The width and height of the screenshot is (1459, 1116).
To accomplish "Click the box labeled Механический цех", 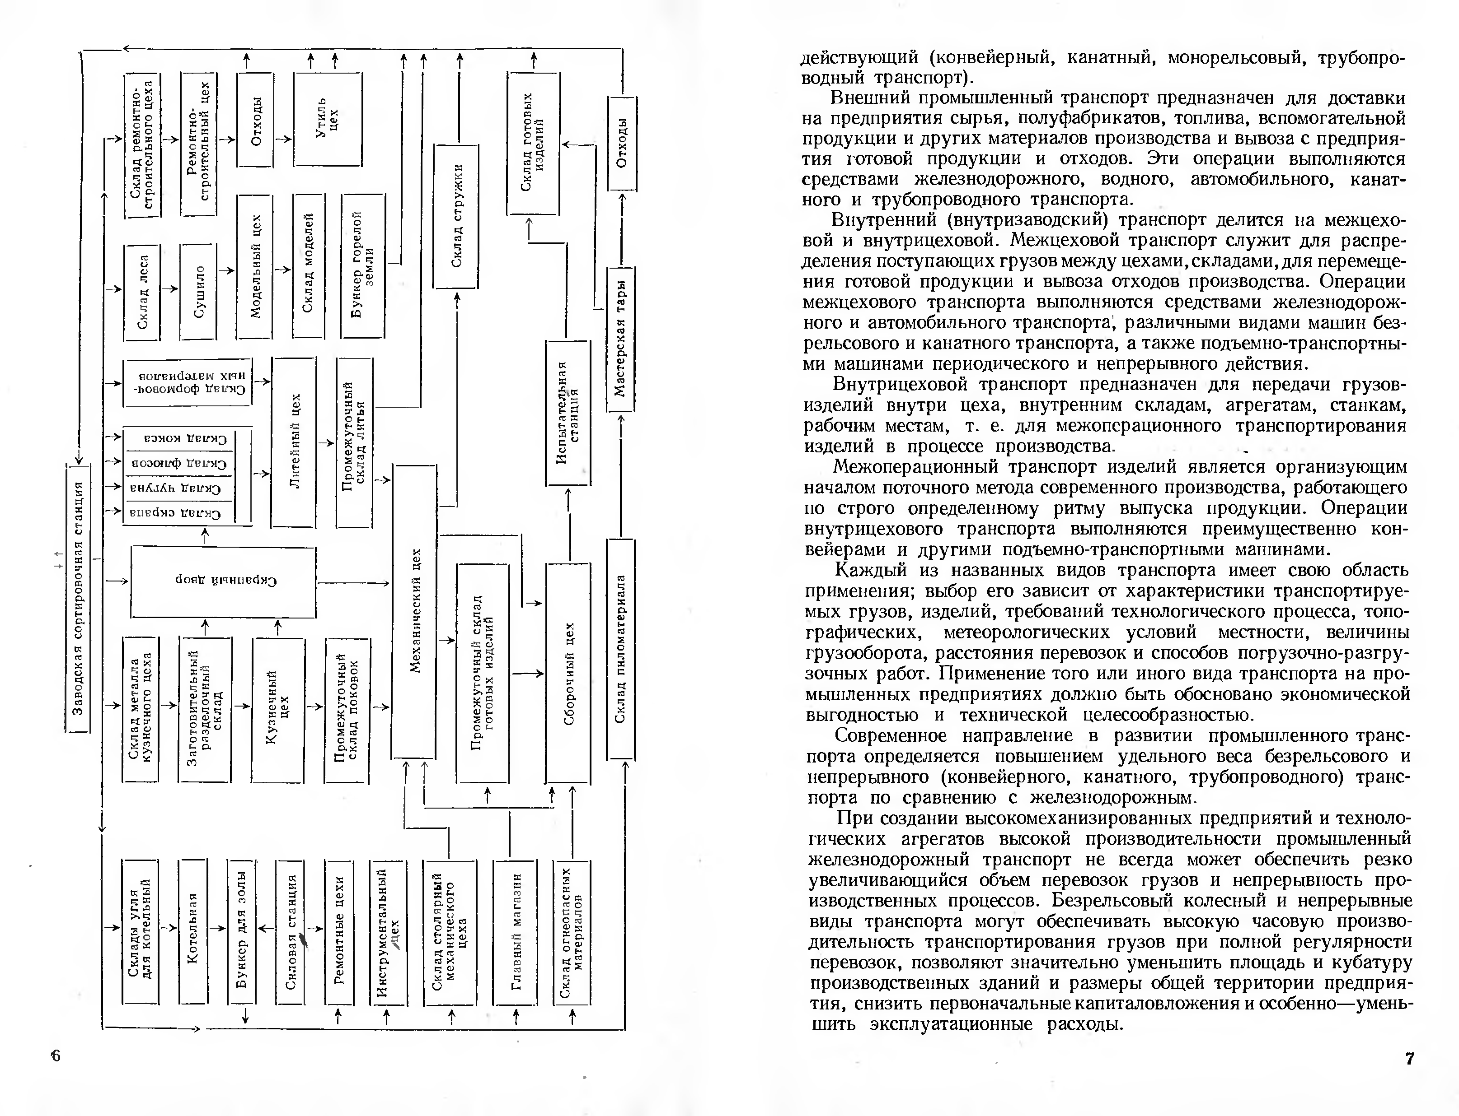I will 413,611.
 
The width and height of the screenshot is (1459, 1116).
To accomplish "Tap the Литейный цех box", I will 293,441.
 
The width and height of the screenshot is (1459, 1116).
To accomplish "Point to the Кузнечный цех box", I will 277,709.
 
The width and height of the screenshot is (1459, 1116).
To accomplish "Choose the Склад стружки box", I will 456,216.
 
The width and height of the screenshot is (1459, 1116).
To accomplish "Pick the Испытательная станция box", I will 568,412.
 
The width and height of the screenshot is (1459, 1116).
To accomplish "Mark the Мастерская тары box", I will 621,339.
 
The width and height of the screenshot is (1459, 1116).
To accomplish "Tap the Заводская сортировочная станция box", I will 78,598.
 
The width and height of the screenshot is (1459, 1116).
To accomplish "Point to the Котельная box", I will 193,931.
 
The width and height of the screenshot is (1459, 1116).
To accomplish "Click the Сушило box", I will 198,292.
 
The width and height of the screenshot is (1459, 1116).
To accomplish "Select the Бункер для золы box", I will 241,931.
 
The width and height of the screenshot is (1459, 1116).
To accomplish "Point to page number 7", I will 1409,1058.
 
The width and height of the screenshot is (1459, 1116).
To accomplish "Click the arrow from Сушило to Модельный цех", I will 227,270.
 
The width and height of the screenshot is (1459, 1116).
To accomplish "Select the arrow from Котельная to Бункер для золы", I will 217,928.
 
